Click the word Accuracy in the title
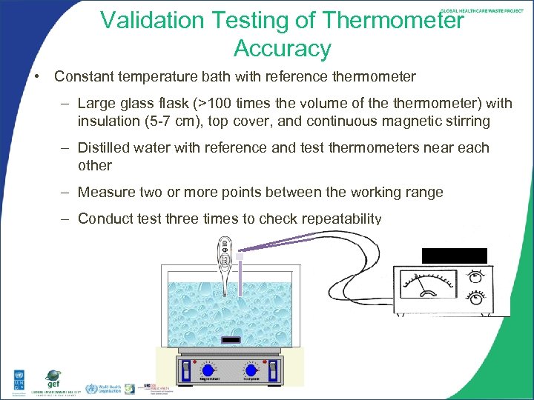[x=282, y=49]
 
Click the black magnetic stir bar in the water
[x=231, y=341]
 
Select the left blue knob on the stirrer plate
[x=208, y=370]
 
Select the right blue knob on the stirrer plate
[x=252, y=370]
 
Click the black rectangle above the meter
[x=454, y=256]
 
